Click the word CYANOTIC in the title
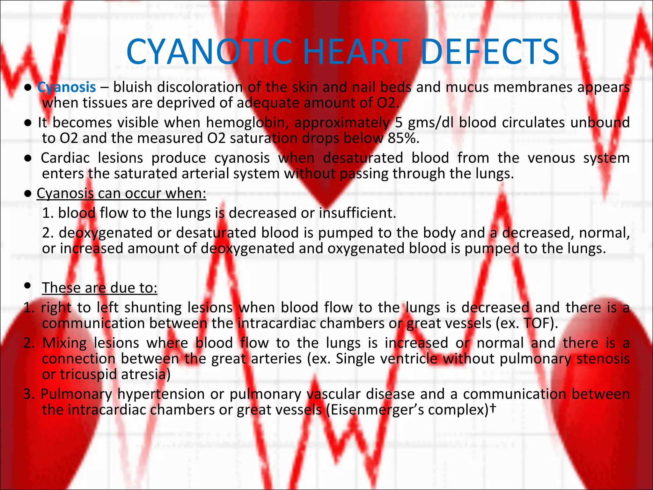[209, 52]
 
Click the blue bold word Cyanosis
[67, 87]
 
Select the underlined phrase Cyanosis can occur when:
[121, 194]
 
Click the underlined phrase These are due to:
[99, 288]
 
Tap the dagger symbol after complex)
[493, 408]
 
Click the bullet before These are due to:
[28, 286]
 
